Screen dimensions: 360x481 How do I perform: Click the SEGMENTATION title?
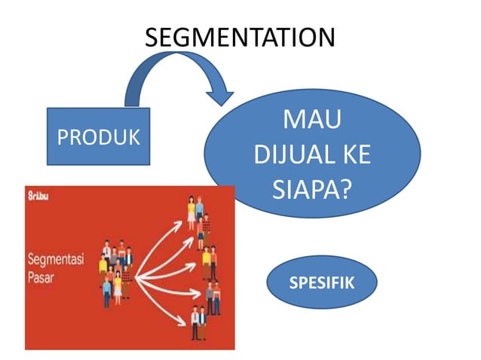(239, 37)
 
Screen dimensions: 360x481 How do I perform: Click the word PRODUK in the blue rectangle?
(98, 138)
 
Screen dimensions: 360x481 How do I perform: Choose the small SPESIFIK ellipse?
(322, 282)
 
